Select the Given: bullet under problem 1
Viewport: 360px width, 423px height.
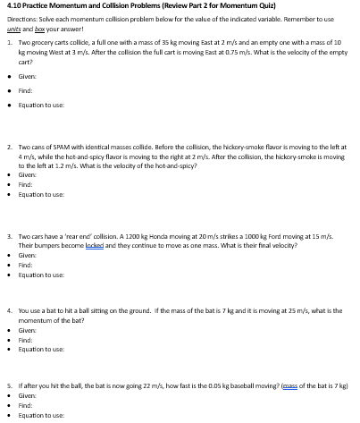pos(27,77)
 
